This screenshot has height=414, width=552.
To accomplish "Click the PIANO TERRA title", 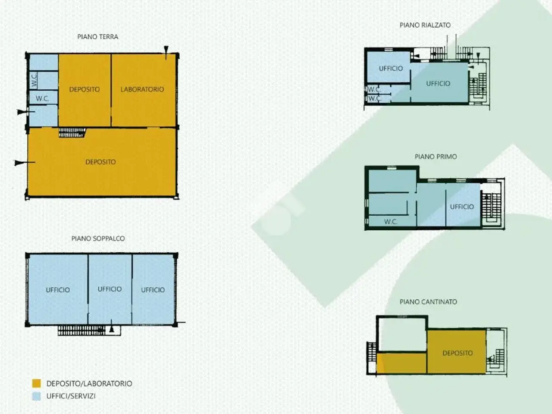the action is pyautogui.click(x=97, y=37).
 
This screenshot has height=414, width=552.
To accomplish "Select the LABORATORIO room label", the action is pyautogui.click(x=142, y=89).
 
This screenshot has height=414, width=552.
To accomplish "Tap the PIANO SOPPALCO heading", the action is pyautogui.click(x=98, y=238).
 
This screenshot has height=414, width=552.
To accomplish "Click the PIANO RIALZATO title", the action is pyautogui.click(x=425, y=25).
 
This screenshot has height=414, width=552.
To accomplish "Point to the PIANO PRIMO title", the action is pyautogui.click(x=436, y=157).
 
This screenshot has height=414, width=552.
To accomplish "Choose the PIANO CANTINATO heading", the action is pyautogui.click(x=429, y=301).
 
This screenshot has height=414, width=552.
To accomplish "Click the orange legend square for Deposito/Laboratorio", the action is pyautogui.click(x=37, y=383).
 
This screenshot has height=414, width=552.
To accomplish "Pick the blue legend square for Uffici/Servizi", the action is pyautogui.click(x=37, y=396).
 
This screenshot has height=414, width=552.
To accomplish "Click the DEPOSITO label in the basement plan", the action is pyautogui.click(x=458, y=353).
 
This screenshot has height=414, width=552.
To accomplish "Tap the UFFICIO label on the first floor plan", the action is pyautogui.click(x=462, y=207).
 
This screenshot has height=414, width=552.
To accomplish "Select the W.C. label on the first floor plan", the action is pyautogui.click(x=391, y=222).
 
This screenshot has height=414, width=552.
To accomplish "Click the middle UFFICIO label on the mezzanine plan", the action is pyautogui.click(x=110, y=289).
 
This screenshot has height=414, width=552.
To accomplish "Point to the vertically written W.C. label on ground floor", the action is pyautogui.click(x=34, y=81).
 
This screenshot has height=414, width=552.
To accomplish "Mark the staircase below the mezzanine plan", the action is pyautogui.click(x=82, y=330).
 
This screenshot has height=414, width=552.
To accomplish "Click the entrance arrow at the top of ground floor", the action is pyautogui.click(x=166, y=53).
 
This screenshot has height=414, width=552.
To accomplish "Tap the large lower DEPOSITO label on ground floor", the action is pyautogui.click(x=100, y=162).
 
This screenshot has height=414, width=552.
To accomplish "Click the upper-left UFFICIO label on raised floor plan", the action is pyautogui.click(x=391, y=69).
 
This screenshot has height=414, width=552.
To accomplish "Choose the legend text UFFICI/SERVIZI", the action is pyautogui.click(x=71, y=396).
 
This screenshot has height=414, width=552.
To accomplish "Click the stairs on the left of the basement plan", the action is pyautogui.click(x=371, y=352).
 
